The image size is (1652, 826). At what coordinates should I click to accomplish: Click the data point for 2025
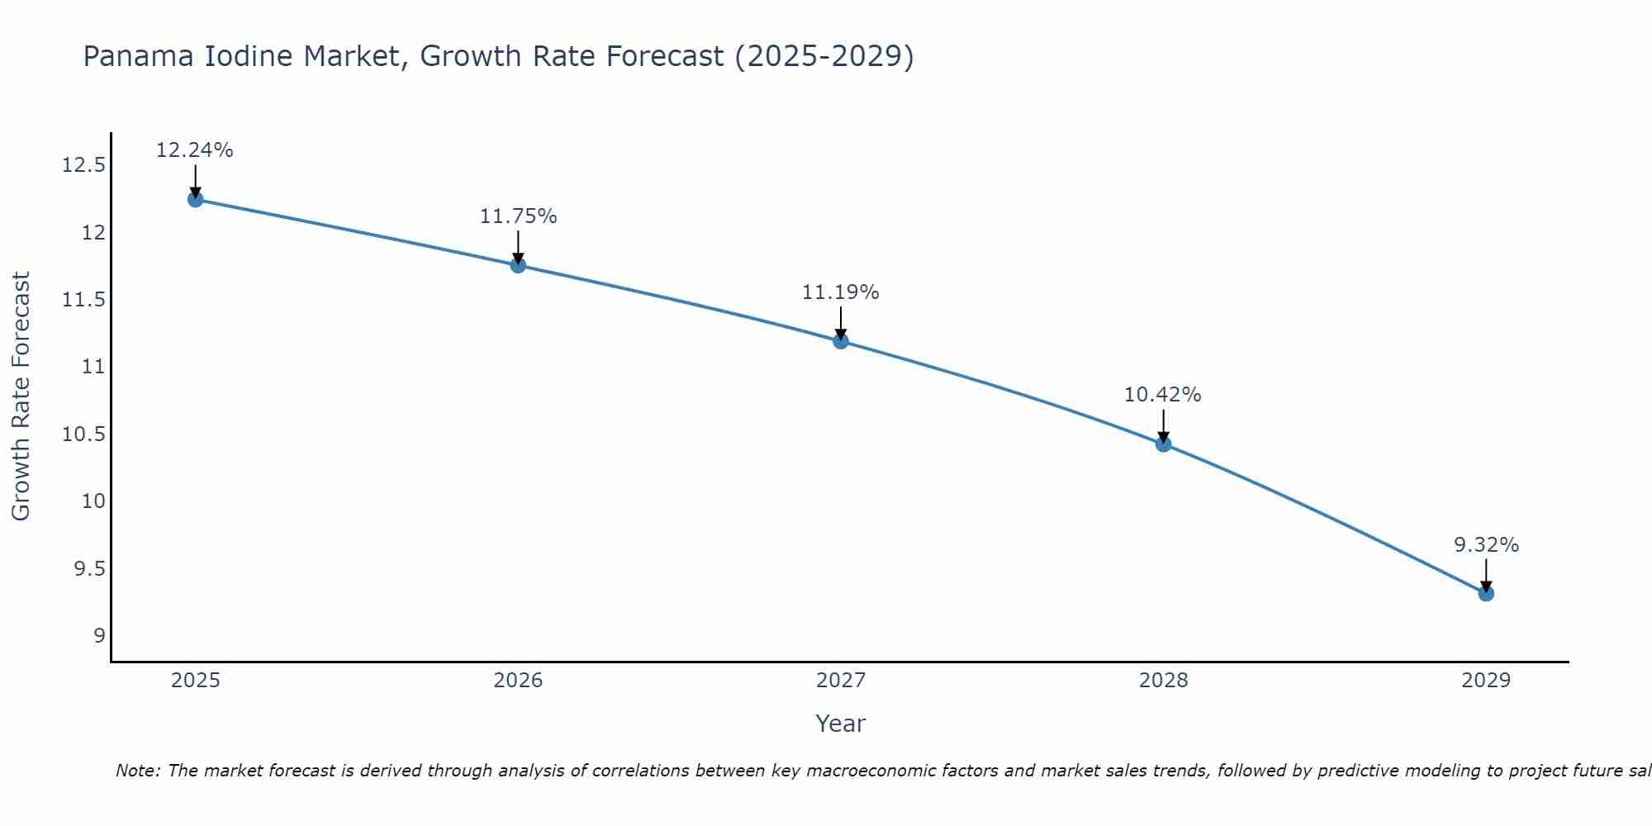(x=195, y=199)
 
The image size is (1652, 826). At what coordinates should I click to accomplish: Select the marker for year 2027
(x=841, y=340)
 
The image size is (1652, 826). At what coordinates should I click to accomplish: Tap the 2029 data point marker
(x=1486, y=593)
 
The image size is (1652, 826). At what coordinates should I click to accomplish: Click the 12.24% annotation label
(x=195, y=150)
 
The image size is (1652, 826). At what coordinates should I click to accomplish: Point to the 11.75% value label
(x=518, y=216)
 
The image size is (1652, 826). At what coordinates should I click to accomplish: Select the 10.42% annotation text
(x=1162, y=395)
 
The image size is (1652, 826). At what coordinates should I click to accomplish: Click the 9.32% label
(x=1486, y=545)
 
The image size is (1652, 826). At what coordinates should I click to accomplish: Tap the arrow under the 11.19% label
(x=841, y=322)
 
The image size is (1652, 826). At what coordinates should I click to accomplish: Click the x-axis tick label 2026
(x=518, y=681)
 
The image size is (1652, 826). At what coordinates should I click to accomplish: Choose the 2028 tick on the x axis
(x=1163, y=681)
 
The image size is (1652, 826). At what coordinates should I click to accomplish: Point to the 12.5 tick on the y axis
(x=83, y=165)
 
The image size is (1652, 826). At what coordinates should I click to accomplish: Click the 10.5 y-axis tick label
(x=83, y=434)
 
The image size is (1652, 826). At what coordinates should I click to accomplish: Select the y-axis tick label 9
(x=99, y=636)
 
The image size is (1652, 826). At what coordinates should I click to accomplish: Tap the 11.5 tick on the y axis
(x=83, y=300)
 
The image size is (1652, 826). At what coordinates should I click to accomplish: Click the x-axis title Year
(x=840, y=724)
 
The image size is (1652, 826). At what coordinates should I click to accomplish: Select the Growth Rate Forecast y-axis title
(x=21, y=396)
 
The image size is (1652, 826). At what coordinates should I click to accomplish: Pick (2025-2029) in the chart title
(x=824, y=57)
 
